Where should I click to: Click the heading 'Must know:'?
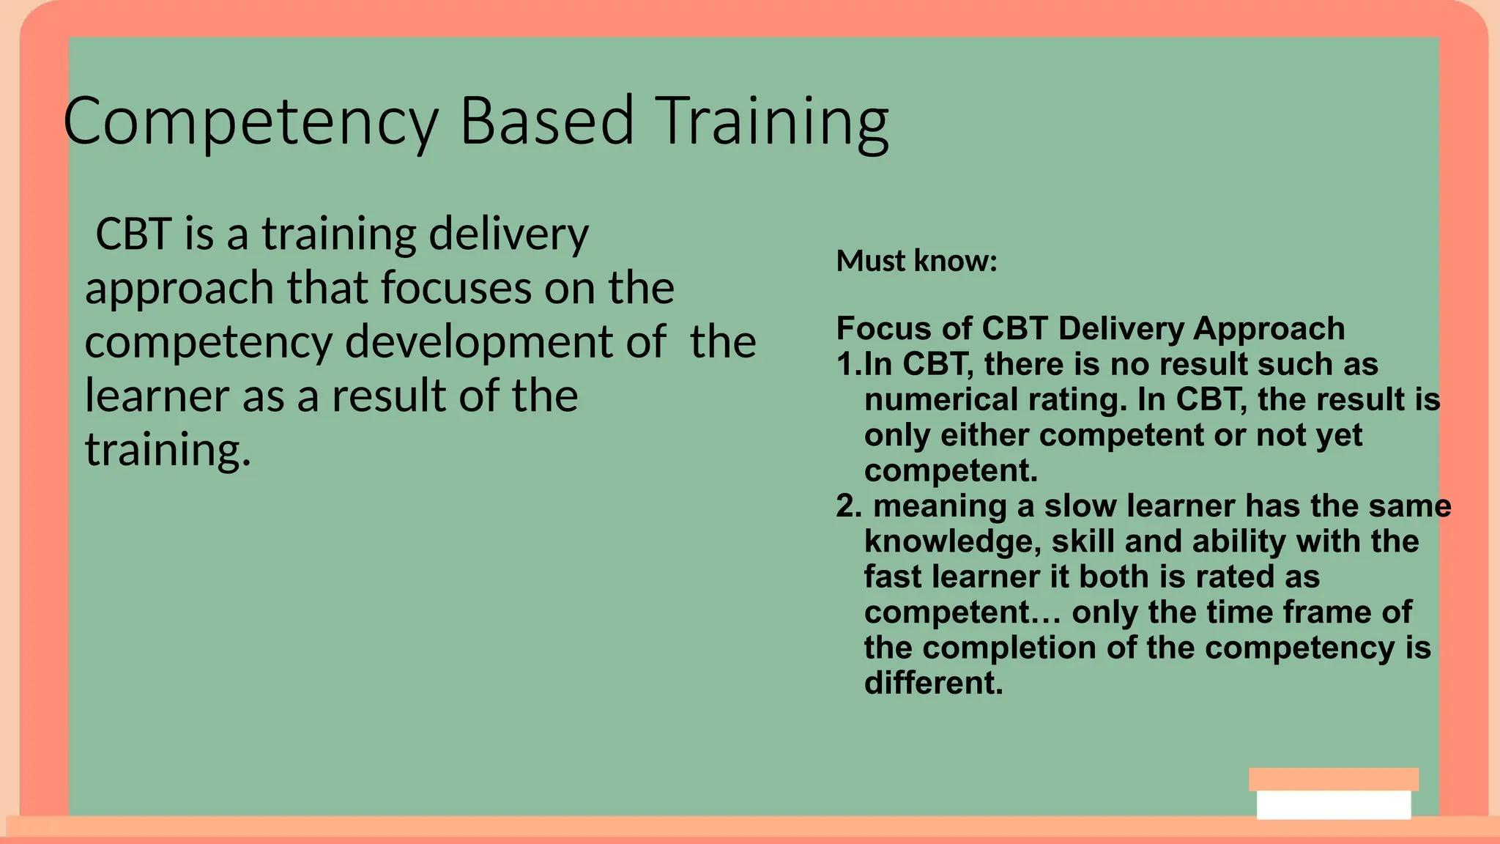[x=916, y=261]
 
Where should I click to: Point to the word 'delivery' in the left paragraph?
[x=508, y=235]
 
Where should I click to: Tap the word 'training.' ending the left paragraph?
[x=168, y=449]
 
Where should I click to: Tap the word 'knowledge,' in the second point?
[x=952, y=542]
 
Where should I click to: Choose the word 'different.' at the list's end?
[x=933, y=683]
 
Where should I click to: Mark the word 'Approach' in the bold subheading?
[x=1269, y=329]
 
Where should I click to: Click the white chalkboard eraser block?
[x=1333, y=804]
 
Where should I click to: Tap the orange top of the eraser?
[x=1333, y=779]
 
